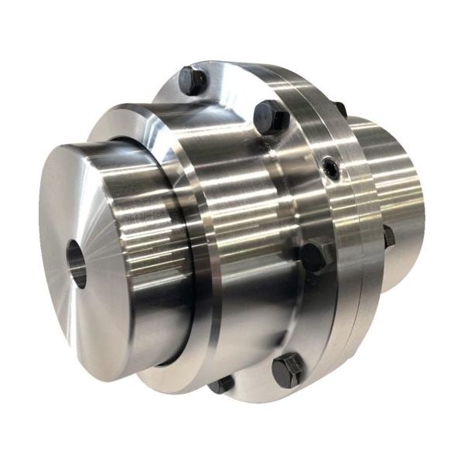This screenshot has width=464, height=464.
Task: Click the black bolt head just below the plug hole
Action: (x=316, y=257)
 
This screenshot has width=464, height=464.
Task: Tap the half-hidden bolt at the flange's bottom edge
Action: (x=222, y=384)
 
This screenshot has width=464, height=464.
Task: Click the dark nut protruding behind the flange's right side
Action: (x=388, y=236)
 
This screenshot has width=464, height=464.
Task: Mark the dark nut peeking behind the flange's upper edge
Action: (x=339, y=109)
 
